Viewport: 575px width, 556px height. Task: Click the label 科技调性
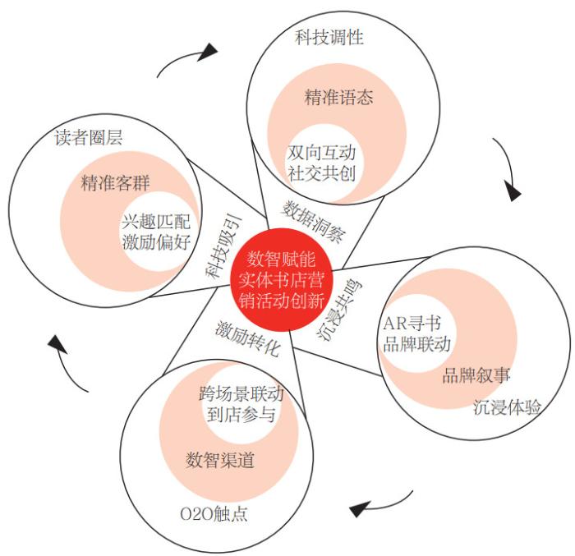coord(329,38)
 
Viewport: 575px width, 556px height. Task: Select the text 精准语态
coord(338,97)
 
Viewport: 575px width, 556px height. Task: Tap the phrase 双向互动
coord(321,153)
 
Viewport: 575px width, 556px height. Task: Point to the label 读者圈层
coord(89,138)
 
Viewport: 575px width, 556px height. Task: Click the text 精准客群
coord(115,182)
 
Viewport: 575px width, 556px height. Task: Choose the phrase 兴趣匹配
coord(156,222)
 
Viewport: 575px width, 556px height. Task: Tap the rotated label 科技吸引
coord(223,247)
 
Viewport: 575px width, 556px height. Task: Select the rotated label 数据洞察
coord(313,222)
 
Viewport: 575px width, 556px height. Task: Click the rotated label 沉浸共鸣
coord(338,310)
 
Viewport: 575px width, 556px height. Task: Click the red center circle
coord(281,280)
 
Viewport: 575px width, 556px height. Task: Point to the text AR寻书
coord(412,324)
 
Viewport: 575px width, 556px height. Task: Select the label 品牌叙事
coord(476,374)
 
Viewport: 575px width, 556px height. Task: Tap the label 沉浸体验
coord(507,407)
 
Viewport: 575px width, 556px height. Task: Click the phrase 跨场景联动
coord(241,393)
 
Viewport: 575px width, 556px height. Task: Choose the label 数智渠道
coord(219,460)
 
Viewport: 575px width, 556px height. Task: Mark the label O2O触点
coord(214,514)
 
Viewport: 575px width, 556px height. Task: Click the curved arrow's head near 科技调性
coord(209,52)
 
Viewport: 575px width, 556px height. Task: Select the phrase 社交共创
coord(321,173)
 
